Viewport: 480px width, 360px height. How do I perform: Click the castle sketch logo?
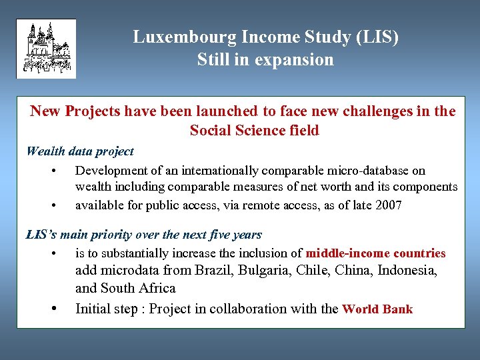pyautogui.click(x=46, y=49)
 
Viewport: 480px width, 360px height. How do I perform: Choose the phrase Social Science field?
pyautogui.click(x=254, y=130)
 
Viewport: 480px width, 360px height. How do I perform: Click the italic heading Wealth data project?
pyautogui.click(x=80, y=151)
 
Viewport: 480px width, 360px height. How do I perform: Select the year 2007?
pyautogui.click(x=388, y=205)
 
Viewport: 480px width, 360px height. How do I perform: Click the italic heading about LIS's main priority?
pyautogui.click(x=143, y=235)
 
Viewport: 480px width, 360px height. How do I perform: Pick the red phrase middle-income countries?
pyautogui.click(x=375, y=253)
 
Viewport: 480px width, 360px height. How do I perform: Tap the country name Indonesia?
pyautogui.click(x=407, y=270)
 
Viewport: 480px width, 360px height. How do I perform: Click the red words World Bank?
pyautogui.click(x=377, y=309)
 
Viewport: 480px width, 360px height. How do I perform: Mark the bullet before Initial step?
pyautogui.click(x=52, y=309)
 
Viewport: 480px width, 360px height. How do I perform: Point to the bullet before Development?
pyautogui.click(x=52, y=171)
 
